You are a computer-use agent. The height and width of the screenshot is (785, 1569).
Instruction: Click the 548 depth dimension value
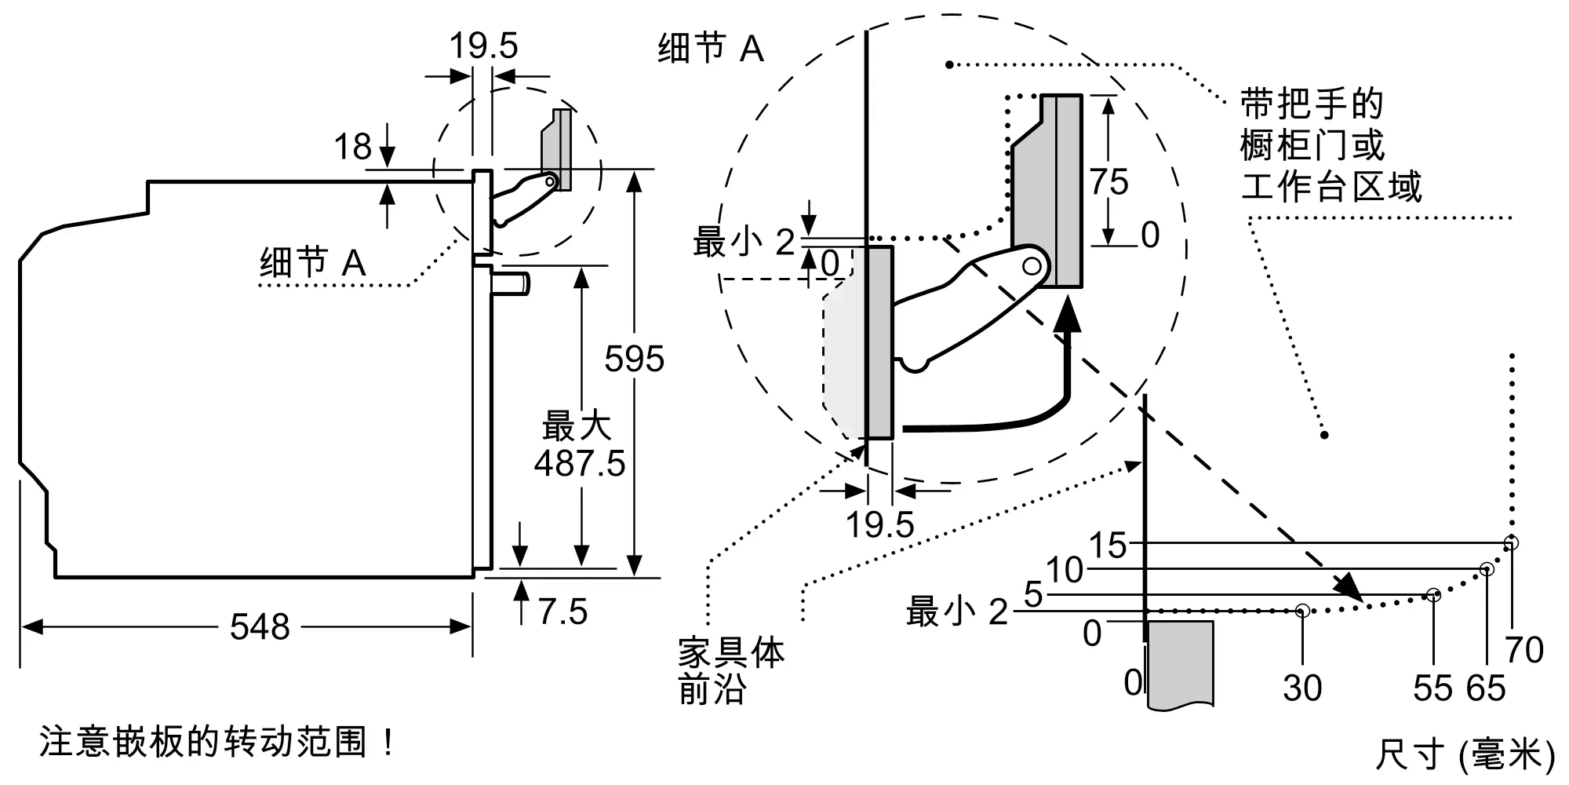point(260,627)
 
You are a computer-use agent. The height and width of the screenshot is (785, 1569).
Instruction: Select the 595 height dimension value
point(634,360)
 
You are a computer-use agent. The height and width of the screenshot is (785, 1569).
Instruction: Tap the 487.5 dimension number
point(580,463)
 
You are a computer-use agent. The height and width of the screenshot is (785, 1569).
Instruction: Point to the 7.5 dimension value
point(562,612)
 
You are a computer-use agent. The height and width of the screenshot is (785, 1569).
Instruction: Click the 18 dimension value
point(352,147)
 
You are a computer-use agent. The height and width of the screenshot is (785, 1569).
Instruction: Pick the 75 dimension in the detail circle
point(1108,182)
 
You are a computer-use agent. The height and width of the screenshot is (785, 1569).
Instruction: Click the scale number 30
point(1302,688)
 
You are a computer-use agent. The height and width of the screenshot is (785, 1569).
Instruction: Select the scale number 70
point(1523,650)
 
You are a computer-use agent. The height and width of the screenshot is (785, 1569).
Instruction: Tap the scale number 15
point(1108,546)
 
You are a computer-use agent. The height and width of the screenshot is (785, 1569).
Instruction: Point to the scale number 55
point(1432,688)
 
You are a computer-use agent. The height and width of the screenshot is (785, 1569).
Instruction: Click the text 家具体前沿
point(730,672)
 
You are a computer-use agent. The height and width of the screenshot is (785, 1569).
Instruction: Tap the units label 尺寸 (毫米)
point(1465,755)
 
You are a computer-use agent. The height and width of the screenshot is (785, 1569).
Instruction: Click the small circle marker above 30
point(1302,610)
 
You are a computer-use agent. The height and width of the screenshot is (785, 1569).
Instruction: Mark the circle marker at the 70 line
point(1511,542)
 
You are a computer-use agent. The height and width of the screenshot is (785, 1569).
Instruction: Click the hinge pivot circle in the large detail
point(1032,266)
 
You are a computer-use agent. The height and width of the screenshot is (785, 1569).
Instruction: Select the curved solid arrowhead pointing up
point(1066,318)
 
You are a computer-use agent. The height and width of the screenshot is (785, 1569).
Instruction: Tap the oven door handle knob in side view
point(512,283)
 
